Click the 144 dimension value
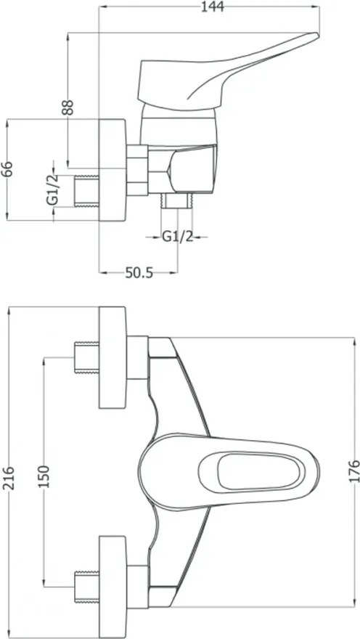click(x=213, y=7)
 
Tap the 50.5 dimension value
click(x=139, y=272)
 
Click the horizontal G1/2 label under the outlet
click(x=178, y=237)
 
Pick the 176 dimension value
click(x=354, y=471)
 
